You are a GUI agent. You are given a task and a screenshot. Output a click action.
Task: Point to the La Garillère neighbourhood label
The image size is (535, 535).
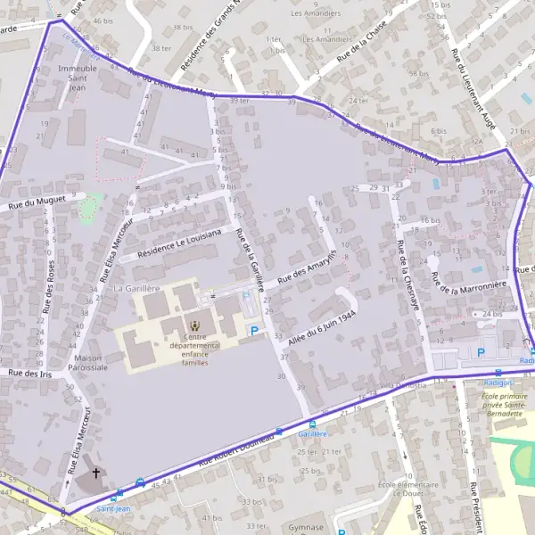(x=136, y=289)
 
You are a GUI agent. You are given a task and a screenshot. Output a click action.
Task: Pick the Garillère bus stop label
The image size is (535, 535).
(x=312, y=433)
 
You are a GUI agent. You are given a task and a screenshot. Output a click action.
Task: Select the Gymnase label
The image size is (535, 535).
(x=306, y=527)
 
